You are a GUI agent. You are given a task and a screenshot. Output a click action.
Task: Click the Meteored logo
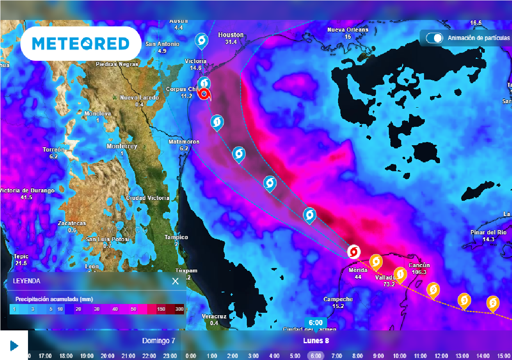(80, 44)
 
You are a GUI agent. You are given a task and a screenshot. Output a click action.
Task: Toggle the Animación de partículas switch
(434, 38)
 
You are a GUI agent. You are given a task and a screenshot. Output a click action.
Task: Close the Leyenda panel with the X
(175, 281)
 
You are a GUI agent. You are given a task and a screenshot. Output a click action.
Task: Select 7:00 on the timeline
(337, 356)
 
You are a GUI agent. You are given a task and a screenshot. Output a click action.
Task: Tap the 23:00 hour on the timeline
(170, 356)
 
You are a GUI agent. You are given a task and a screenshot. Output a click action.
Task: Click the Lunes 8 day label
(316, 341)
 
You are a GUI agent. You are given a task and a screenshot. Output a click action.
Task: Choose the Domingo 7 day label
(159, 341)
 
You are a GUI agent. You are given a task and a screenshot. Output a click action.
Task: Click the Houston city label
(231, 35)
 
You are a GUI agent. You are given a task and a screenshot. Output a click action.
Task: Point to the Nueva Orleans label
(348, 30)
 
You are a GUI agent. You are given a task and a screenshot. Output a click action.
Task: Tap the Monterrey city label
(122, 146)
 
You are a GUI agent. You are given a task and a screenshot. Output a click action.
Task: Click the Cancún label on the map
(419, 266)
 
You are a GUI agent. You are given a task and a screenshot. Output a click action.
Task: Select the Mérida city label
(358, 270)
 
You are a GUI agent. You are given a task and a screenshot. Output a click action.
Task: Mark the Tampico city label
(176, 237)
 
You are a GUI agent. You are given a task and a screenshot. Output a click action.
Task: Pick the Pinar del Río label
(488, 233)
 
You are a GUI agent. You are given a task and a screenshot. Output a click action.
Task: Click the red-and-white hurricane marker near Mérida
(354, 252)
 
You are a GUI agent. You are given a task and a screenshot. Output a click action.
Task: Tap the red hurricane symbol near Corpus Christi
(204, 95)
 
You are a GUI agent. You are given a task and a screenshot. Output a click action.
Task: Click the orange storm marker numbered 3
(464, 300)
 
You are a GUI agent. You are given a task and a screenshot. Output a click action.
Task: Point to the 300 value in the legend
(179, 309)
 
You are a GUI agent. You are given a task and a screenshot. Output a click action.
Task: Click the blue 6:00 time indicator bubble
(316, 323)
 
